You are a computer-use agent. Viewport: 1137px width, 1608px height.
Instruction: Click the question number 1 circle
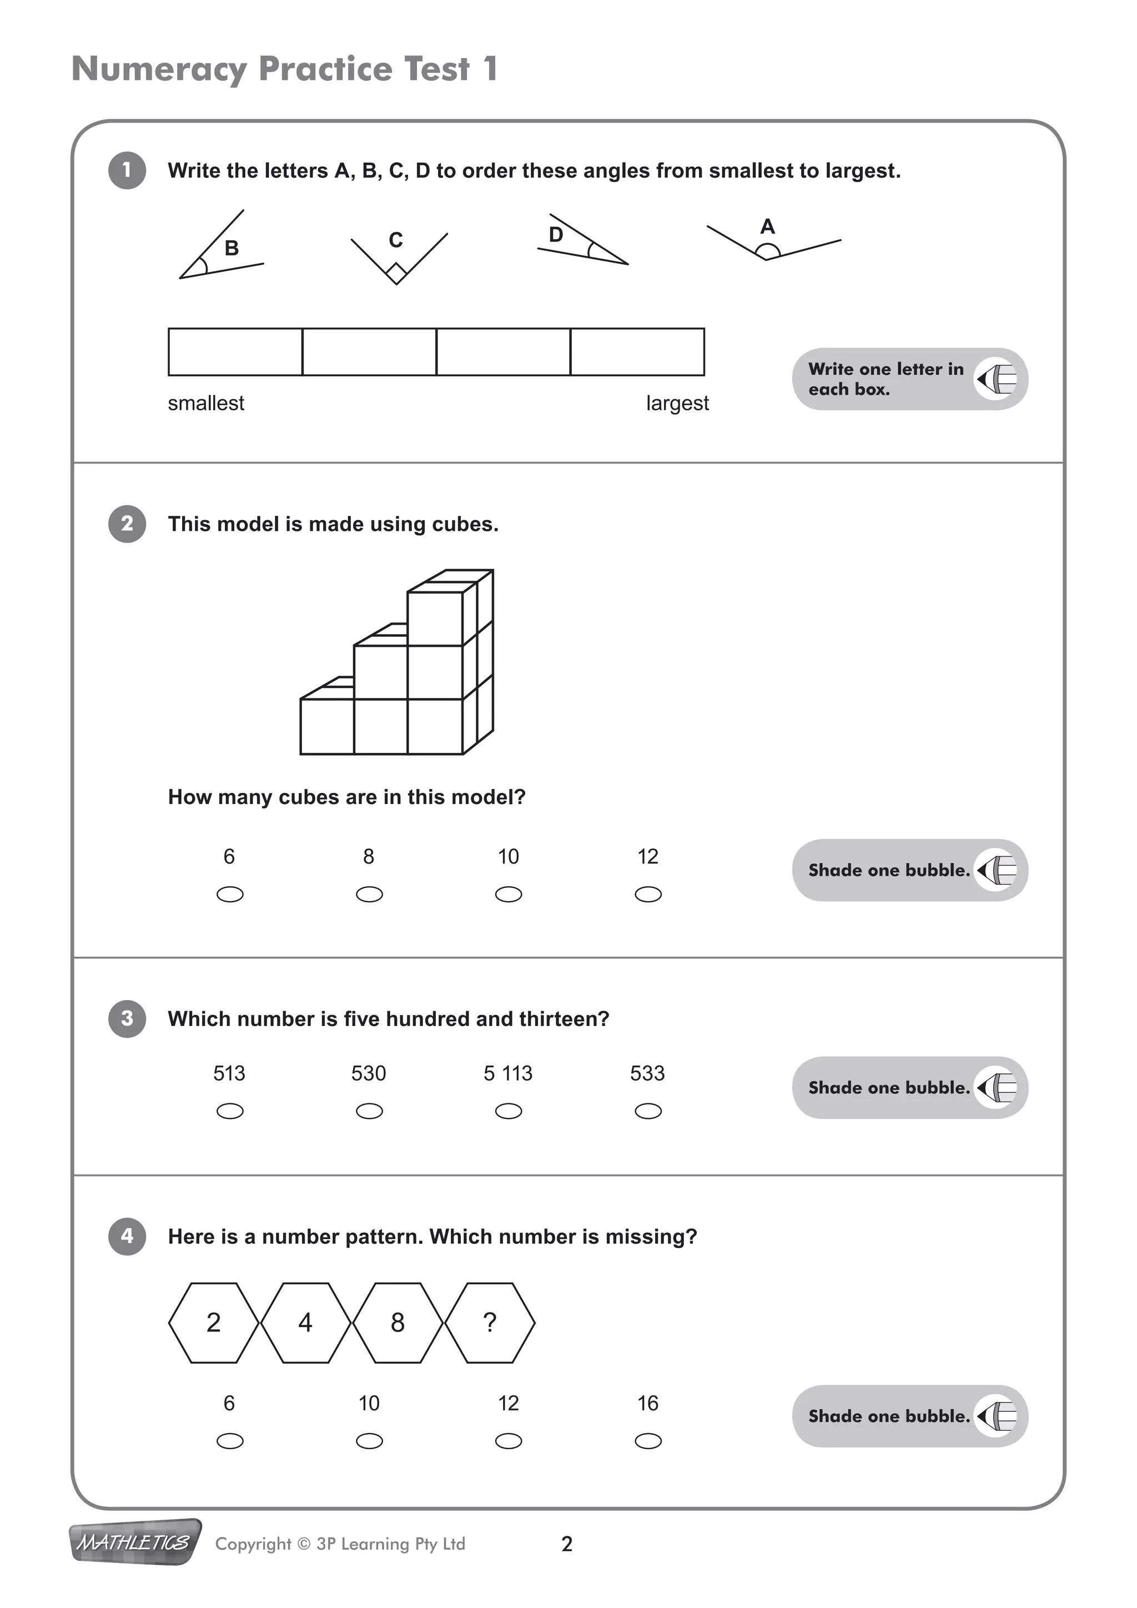(127, 170)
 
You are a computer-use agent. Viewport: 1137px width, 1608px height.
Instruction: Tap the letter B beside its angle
(232, 249)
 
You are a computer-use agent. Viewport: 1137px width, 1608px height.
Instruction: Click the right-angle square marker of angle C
(396, 273)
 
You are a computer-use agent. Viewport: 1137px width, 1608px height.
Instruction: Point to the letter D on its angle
(556, 235)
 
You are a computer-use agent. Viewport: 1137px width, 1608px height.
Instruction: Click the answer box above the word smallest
(235, 352)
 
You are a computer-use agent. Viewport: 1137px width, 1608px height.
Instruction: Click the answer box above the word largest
(637, 352)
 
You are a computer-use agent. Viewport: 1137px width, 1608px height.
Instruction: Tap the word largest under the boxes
(677, 404)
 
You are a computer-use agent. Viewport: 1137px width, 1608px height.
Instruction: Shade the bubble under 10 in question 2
(509, 895)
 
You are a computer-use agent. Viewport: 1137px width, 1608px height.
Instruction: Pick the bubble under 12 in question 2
(648, 895)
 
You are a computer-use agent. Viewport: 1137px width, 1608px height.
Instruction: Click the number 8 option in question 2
(369, 857)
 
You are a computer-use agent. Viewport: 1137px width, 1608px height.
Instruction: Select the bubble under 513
(230, 1112)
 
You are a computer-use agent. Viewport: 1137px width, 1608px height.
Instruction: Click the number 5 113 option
(509, 1074)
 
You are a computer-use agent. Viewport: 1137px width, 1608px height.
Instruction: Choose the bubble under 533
(648, 1112)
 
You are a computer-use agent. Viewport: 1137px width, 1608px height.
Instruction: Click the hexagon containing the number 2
(214, 1322)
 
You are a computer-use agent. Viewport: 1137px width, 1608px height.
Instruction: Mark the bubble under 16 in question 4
(648, 1441)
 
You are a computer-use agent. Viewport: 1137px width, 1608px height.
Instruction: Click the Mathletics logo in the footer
(135, 1543)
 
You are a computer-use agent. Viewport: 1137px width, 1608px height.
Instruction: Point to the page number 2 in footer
(567, 1544)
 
